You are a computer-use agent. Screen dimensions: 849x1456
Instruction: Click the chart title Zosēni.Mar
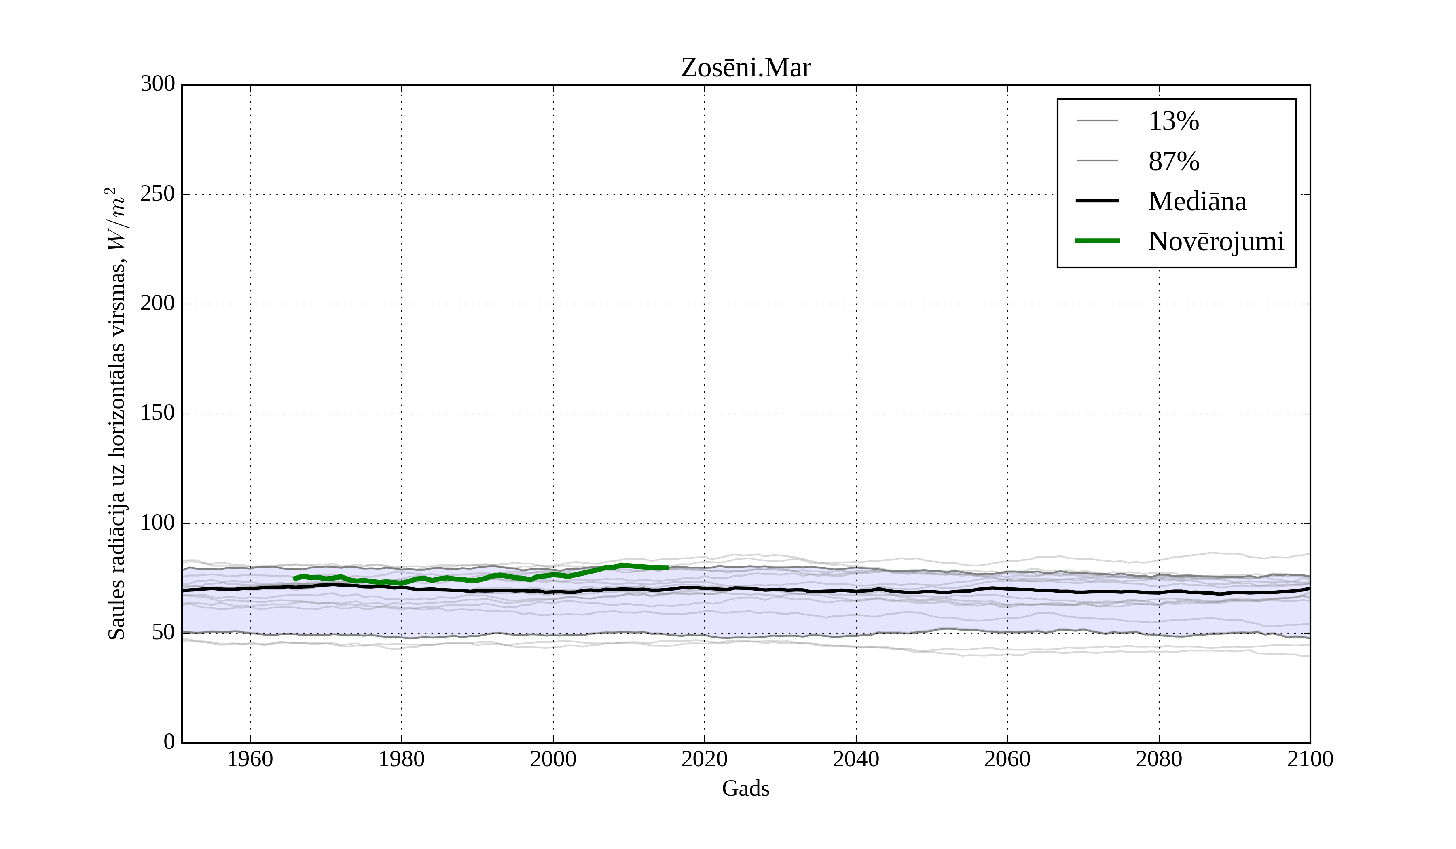pos(745,68)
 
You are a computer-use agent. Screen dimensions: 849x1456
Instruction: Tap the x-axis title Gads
pos(745,788)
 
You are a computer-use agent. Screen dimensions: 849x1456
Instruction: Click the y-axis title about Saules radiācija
pos(117,414)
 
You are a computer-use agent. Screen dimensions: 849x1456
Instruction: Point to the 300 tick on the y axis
pos(158,84)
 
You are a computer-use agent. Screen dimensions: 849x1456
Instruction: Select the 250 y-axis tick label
pos(158,194)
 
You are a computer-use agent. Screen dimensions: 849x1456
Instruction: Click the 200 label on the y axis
pos(158,303)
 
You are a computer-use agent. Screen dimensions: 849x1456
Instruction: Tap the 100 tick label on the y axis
pos(158,523)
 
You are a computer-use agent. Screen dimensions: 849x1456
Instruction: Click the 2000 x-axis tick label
pos(553,759)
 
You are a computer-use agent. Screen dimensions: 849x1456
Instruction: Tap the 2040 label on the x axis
pos(856,759)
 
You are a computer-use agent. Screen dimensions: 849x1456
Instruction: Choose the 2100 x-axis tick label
pos(1310,759)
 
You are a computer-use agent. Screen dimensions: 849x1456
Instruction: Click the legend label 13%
pos(1173,121)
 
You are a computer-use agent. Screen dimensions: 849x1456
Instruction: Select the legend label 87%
pos(1173,161)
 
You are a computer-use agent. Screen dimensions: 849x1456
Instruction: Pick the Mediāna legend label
pos(1197,202)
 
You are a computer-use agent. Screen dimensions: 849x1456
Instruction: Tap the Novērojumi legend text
pos(1216,241)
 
